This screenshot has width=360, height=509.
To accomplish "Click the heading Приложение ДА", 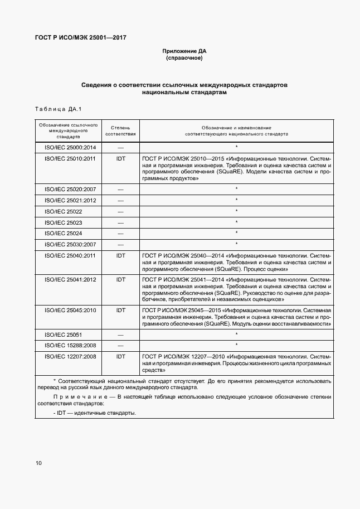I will (x=184, y=51).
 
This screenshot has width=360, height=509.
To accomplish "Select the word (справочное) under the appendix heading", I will (x=184, y=58).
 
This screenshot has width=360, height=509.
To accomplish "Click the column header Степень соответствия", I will (x=120, y=131).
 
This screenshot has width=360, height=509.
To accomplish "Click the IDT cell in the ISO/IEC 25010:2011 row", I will (x=120, y=158).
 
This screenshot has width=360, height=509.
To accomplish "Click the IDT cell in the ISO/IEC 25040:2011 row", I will (x=120, y=255).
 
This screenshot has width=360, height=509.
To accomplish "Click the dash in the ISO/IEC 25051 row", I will (x=120, y=335).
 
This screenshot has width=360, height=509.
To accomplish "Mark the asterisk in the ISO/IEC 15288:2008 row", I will (x=237, y=345).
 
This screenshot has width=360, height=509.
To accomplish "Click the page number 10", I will (x=38, y=463).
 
